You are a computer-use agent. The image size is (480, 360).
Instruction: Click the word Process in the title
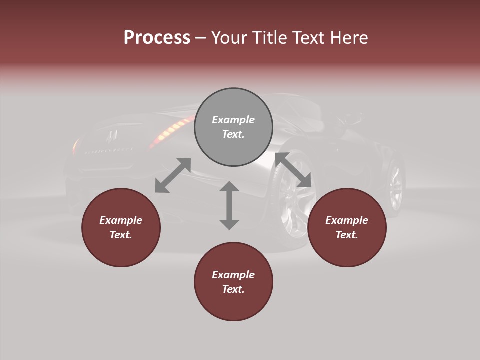point(157,38)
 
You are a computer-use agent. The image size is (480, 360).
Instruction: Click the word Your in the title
point(228,38)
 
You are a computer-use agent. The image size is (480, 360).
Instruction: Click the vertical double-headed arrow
point(229,205)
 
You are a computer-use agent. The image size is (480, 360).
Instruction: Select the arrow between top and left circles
point(173,175)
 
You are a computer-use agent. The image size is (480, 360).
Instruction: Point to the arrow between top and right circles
point(293,170)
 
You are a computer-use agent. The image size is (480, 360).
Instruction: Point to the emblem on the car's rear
point(113,135)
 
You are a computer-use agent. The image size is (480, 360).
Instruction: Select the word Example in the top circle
point(233,120)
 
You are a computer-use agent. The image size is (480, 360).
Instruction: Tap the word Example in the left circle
point(121,220)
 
